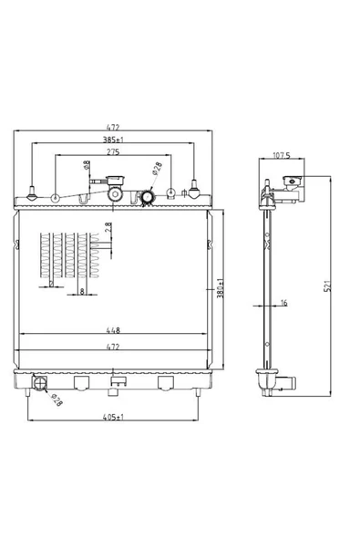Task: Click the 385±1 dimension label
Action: (x=113, y=140)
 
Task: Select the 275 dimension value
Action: (x=113, y=151)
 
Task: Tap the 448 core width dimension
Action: (x=113, y=330)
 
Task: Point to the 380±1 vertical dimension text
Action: (x=221, y=288)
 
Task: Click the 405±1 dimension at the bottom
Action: (x=113, y=417)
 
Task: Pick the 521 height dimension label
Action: (x=328, y=286)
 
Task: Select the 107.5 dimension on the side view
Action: (x=282, y=155)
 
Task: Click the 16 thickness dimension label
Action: (x=283, y=303)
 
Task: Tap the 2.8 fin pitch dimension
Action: (x=108, y=227)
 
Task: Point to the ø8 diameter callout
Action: (x=87, y=165)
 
